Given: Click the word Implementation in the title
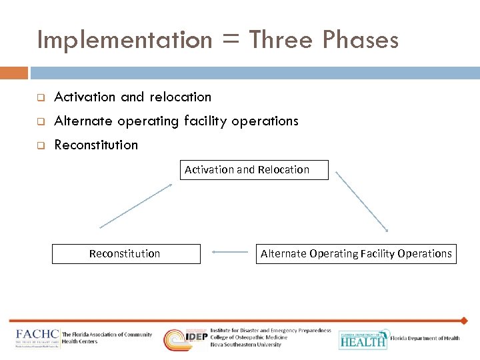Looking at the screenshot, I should click(x=124, y=40).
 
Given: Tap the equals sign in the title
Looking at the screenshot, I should click(x=229, y=41).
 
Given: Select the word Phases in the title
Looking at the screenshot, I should click(x=361, y=40).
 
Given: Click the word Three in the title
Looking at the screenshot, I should click(x=281, y=40).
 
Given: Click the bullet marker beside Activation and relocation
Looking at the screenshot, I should click(x=40, y=97).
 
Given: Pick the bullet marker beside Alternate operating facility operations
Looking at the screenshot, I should click(x=40, y=121).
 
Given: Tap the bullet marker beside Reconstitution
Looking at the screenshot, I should click(x=40, y=145).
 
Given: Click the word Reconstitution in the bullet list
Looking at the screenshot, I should click(x=96, y=145).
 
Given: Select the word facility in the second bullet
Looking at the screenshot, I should click(x=203, y=121).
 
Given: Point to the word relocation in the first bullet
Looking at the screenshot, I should click(x=180, y=97).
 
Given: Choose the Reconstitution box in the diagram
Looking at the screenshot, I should click(x=125, y=253).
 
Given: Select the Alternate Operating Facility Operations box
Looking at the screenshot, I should click(x=356, y=253).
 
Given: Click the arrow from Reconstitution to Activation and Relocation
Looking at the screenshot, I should click(x=135, y=206).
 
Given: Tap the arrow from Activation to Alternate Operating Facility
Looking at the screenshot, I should click(x=361, y=201).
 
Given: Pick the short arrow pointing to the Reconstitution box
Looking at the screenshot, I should click(x=229, y=253).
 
